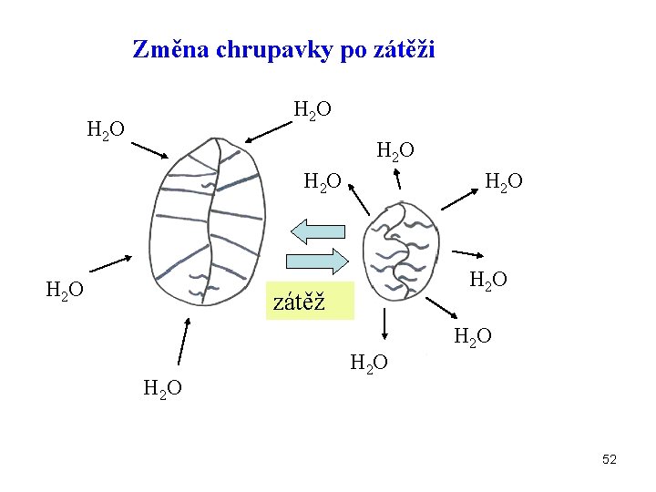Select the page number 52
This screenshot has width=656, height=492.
pyautogui.click(x=610, y=459)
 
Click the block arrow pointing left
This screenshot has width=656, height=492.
pyautogui.click(x=313, y=231)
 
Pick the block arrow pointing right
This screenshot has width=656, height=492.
pyautogui.click(x=318, y=261)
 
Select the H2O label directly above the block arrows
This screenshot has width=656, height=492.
pyautogui.click(x=322, y=182)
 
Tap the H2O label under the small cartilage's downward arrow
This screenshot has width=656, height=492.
pyautogui.click(x=369, y=364)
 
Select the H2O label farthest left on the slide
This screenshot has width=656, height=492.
pyautogui.click(x=65, y=291)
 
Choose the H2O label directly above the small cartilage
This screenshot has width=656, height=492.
pyautogui.click(x=396, y=149)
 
